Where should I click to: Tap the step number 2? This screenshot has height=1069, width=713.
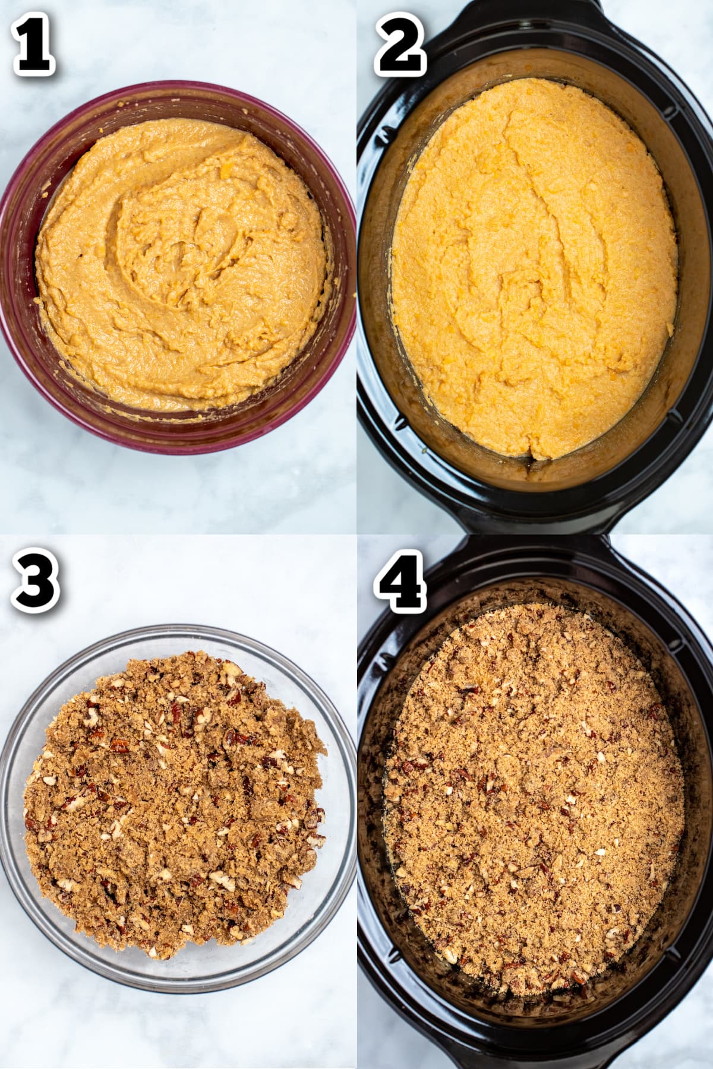(400, 48)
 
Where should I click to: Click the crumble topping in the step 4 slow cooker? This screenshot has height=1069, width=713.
(535, 796)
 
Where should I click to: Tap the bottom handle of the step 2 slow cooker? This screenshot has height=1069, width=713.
(535, 523)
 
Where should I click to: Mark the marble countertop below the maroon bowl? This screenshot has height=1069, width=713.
(178, 493)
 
